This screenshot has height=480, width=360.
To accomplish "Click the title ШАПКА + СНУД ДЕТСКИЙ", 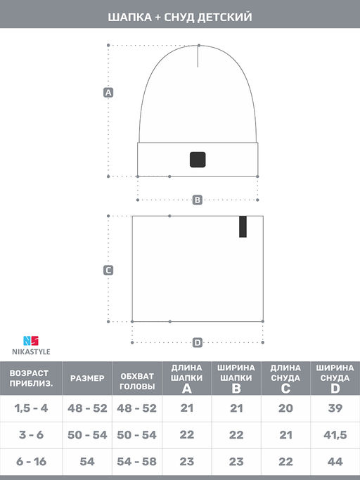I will pyautogui.click(x=180, y=15).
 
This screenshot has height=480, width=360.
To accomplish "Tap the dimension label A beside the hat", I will pyautogui.click(x=109, y=92).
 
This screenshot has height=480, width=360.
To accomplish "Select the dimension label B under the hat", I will pyautogui.click(x=198, y=200).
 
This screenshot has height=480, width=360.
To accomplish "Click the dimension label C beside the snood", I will pyautogui.click(x=109, y=270).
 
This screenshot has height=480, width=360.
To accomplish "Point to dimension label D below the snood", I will pyautogui.click(x=198, y=342).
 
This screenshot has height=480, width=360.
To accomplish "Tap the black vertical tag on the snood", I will pyautogui.click(x=243, y=227).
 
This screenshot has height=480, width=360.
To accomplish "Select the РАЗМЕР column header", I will pyautogui.click(x=87, y=378).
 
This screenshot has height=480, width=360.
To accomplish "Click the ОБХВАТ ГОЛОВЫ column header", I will pyautogui.click(x=137, y=378).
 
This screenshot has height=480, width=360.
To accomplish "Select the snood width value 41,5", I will pyautogui.click(x=335, y=436).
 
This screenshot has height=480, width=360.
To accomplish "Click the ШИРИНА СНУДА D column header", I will pyautogui.click(x=335, y=378).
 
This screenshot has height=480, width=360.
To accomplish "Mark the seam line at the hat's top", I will pyautogui.click(x=198, y=56).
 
